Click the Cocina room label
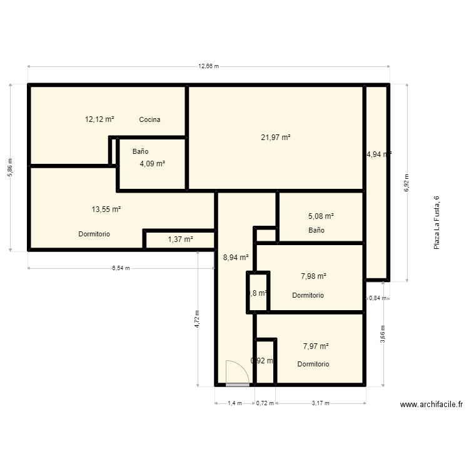coord(149,119)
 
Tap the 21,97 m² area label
coord(276,137)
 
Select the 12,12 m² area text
coord(99,119)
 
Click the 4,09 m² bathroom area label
coord(152,163)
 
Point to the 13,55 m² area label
coord(106,209)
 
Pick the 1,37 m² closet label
coord(180,239)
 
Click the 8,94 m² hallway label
coord(236,256)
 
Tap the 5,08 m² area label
coord(321,216)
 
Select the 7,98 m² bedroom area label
coord(314,276)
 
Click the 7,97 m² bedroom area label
coord(316,346)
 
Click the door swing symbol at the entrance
coord(237,373)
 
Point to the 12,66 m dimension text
coord(208,66)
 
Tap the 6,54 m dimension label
coord(121,268)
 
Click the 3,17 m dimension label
coord(320,403)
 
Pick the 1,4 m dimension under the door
coord(234,403)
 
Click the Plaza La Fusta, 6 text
coord(436,223)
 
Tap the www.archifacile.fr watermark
coord(431,405)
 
